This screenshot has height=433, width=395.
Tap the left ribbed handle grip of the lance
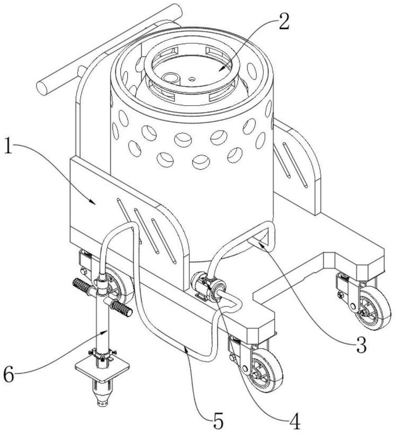81,286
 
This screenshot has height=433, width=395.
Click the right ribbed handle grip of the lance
121,308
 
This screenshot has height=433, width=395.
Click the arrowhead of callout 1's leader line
93,202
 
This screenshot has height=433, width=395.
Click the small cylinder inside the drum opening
171,78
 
